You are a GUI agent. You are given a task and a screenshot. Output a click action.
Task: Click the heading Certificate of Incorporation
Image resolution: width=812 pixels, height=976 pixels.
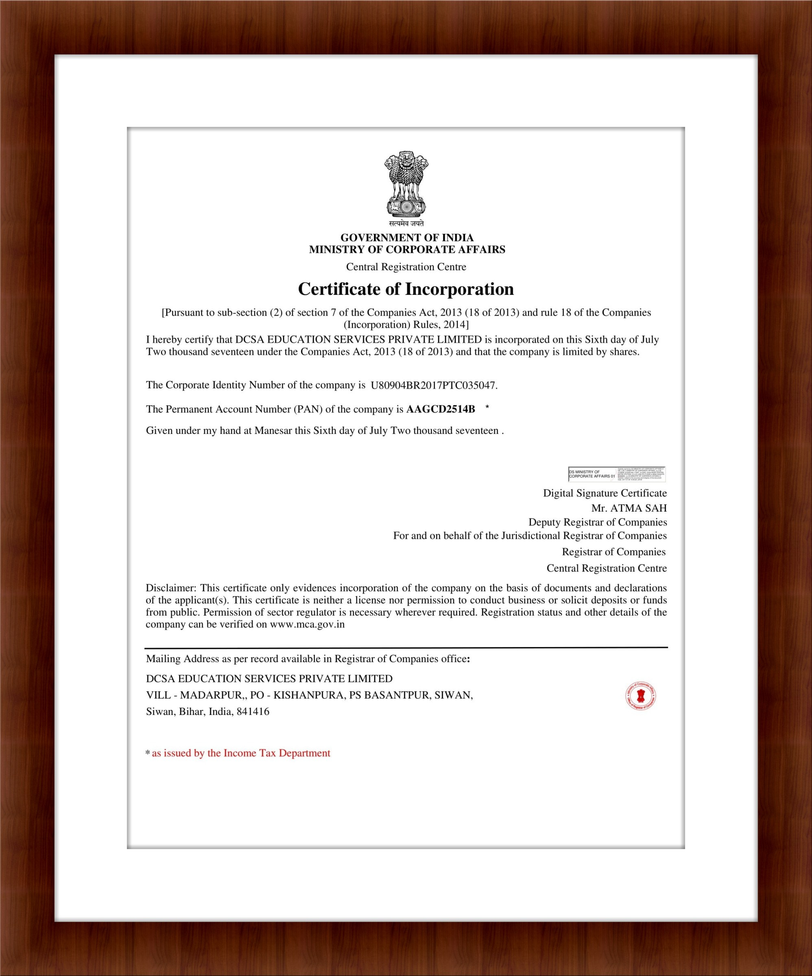point(406,289)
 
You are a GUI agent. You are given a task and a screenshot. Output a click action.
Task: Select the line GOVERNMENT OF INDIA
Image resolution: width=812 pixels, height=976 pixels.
point(406,237)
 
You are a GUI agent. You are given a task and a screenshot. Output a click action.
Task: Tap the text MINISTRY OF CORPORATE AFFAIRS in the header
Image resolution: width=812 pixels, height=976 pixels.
point(407,250)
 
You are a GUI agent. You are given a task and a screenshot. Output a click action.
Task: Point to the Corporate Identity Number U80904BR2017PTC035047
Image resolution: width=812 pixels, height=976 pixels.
point(433,385)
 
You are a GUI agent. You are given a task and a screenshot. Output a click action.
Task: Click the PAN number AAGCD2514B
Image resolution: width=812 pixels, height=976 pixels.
point(441,409)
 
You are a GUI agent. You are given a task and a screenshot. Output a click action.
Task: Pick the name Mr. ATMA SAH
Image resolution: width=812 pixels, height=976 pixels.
point(629,508)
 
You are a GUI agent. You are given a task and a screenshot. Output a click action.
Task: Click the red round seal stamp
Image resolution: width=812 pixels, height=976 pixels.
point(640,696)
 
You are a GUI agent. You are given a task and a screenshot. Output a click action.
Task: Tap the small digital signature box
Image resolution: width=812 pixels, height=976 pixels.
point(616,474)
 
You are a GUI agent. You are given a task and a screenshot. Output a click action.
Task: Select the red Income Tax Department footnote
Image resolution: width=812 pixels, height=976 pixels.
point(240,753)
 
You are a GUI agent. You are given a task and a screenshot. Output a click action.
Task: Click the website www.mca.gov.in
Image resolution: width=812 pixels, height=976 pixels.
point(307,624)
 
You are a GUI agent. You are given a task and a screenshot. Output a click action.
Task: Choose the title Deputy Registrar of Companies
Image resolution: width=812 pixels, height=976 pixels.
point(597,522)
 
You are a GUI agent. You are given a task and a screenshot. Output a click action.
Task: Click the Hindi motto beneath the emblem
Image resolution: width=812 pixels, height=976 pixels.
point(406,224)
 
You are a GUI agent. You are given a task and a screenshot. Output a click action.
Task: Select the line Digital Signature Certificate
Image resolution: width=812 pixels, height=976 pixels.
point(605,493)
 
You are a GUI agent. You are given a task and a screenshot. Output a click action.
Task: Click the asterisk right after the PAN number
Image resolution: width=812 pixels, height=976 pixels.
point(487,407)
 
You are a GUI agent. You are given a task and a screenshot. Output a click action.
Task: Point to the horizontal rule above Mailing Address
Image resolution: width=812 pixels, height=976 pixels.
point(406,647)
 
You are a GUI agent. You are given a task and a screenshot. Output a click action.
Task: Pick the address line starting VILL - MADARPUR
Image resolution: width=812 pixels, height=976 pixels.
point(309,695)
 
